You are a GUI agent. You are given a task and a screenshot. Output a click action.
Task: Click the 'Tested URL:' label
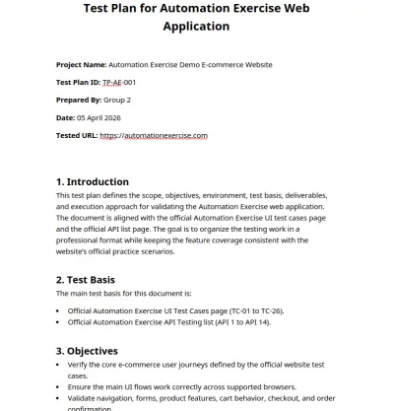pyautogui.click(x=77, y=135)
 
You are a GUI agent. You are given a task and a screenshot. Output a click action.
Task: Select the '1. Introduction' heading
pyautogui.click(x=93, y=182)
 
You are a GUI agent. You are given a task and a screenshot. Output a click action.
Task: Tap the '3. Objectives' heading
pyautogui.click(x=89, y=350)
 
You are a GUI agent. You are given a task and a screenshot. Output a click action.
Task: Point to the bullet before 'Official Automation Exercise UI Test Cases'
pyautogui.click(x=59, y=310)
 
